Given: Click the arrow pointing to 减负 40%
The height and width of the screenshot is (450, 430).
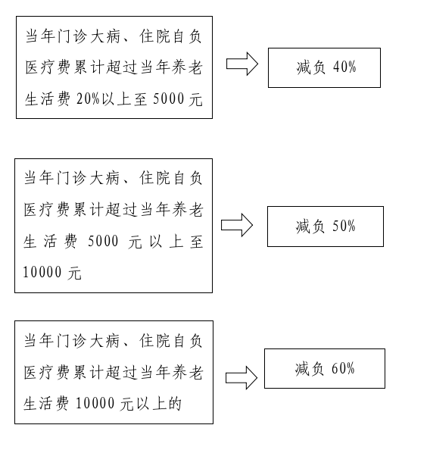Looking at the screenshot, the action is click(x=242, y=64).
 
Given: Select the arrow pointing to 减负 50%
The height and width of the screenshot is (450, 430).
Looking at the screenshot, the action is click(x=237, y=225).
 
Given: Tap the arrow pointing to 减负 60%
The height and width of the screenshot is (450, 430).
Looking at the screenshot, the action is click(x=241, y=378).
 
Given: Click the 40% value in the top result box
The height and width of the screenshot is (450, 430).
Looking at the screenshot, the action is click(x=344, y=67).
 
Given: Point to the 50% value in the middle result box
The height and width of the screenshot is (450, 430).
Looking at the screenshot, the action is click(x=344, y=227).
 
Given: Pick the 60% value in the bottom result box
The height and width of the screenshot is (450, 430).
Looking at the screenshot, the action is click(x=343, y=368).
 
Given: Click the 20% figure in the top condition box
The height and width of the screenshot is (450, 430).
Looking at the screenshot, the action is click(x=88, y=99).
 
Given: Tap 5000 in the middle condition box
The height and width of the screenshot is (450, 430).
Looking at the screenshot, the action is click(x=103, y=241).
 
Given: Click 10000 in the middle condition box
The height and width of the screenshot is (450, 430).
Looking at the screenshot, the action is click(x=42, y=272).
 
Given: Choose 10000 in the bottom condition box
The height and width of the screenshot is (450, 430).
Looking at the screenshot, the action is click(x=95, y=403).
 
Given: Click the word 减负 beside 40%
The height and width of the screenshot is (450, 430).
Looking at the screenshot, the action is click(x=311, y=67).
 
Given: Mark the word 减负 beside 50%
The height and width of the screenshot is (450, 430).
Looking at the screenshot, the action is click(x=310, y=227).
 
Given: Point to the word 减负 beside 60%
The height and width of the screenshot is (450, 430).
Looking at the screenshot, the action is click(x=310, y=369).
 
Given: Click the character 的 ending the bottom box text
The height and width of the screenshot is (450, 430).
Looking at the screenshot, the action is click(x=175, y=404).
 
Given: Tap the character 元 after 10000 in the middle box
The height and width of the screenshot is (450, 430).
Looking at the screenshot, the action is click(x=75, y=273).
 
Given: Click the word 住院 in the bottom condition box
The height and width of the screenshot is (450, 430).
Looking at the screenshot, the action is click(x=154, y=341).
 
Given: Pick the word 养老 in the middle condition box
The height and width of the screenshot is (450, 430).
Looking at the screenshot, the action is click(x=188, y=210).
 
